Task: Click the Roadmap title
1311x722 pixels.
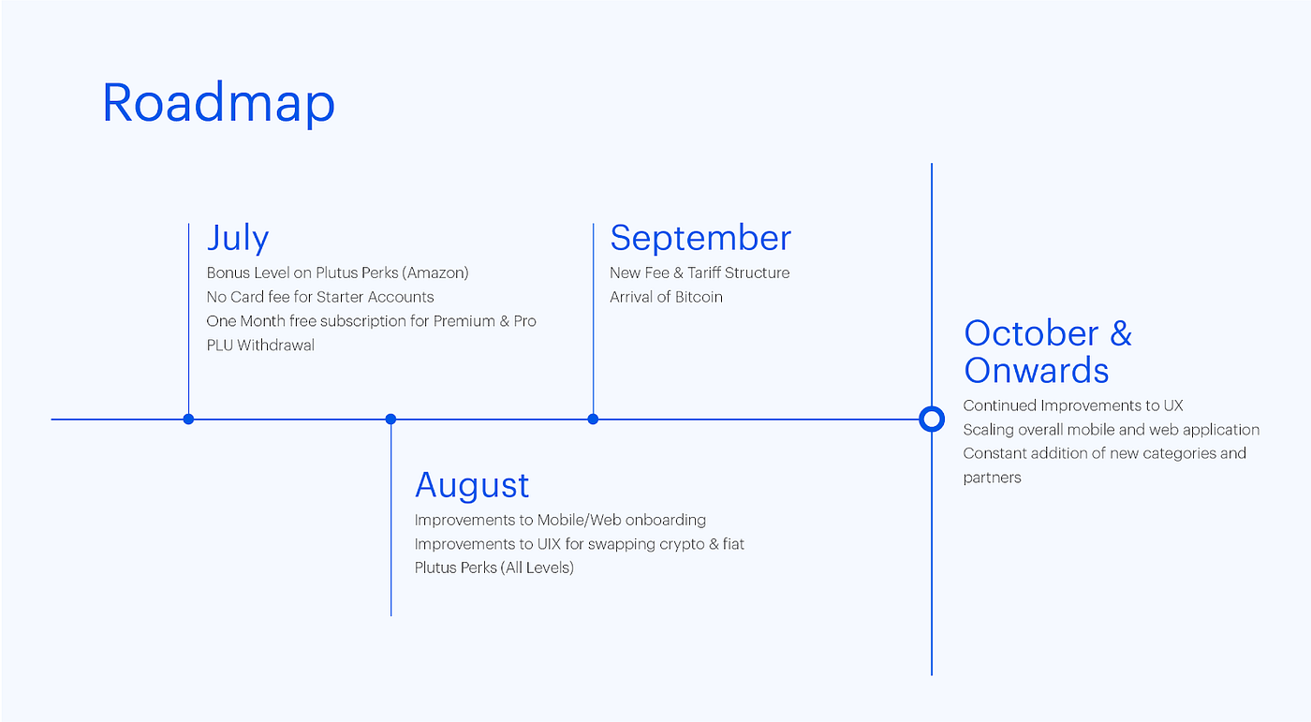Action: point(218,103)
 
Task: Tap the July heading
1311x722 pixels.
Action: point(238,238)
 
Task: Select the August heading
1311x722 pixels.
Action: point(472,485)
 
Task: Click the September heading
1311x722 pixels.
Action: point(700,238)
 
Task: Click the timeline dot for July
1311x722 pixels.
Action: point(189,419)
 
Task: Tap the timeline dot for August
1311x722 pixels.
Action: point(390,419)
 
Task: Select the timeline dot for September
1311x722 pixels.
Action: point(593,419)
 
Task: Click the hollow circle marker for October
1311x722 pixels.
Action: point(931,419)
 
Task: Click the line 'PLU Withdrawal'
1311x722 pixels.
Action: point(260,345)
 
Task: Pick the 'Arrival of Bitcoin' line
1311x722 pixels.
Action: point(666,297)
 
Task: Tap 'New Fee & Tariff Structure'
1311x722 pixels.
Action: point(700,273)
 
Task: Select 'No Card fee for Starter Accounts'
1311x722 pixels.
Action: point(320,297)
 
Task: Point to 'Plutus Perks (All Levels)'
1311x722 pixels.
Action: point(493,567)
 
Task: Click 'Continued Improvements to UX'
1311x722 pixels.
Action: point(1073,405)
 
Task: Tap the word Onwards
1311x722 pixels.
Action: point(1037,371)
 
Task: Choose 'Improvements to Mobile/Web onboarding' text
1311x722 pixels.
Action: point(560,520)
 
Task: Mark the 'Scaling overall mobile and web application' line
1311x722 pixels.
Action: point(1111,430)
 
